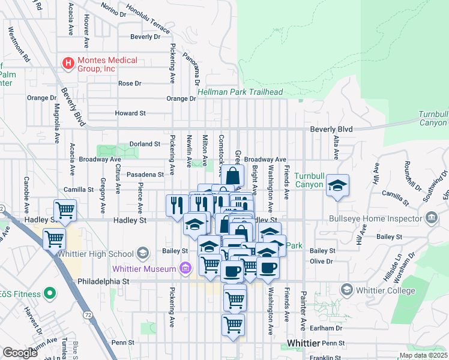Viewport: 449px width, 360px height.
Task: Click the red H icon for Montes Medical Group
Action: (68, 62)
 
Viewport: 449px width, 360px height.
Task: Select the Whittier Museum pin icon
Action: (186, 268)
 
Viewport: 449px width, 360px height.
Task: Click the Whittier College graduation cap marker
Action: (346, 290)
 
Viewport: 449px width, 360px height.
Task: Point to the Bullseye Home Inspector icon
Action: (431, 217)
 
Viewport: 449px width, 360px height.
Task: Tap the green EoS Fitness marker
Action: (50, 294)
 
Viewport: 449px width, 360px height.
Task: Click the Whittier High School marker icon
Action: (142, 251)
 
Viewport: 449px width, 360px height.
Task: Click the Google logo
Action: (20, 352)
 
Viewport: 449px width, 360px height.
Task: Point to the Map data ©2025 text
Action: (423, 355)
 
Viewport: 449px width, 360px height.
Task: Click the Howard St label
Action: (130, 113)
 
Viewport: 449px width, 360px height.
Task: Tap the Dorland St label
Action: (145, 144)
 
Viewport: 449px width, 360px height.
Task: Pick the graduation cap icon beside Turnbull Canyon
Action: (338, 187)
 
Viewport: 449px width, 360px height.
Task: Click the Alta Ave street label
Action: (336, 151)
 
